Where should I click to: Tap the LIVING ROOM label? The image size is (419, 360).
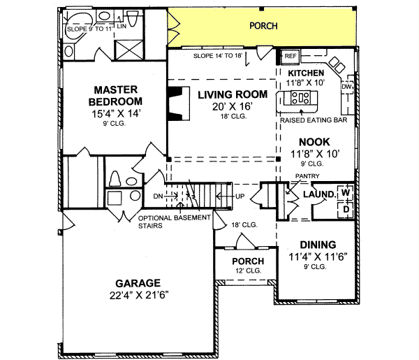coord(222,94)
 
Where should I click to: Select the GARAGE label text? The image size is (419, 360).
coord(138,282)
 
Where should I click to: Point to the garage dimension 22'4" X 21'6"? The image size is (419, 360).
coord(138,294)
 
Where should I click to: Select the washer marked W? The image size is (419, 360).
coord(345,192)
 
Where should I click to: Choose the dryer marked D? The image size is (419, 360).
coord(345,208)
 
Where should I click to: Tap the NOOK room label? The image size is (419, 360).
coord(304,141)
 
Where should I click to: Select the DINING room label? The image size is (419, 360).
coord(318,245)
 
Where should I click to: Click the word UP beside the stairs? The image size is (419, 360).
coord(239,196)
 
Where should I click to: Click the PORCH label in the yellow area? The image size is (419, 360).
coord(263,26)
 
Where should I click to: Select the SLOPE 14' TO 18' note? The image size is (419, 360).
coord(217,55)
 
